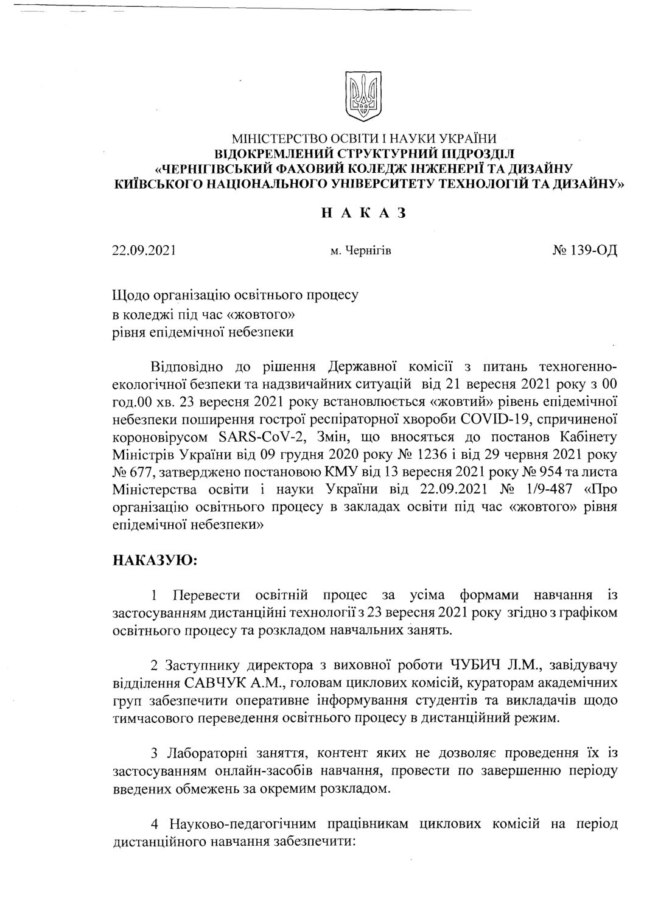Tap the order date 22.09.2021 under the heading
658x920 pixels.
tap(144, 249)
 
